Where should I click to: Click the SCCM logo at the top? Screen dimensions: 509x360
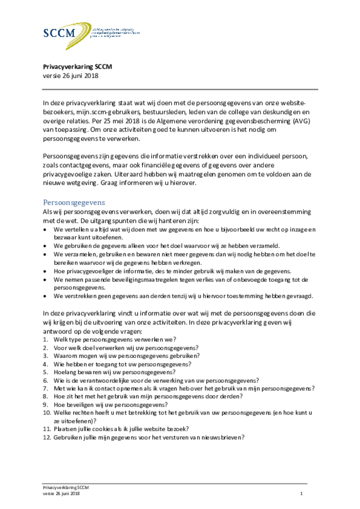pos(75,34)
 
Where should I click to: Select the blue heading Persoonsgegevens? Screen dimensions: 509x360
pos(74,202)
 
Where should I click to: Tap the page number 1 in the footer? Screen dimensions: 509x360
pos(301,494)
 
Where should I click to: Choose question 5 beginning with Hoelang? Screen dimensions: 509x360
pos(114,372)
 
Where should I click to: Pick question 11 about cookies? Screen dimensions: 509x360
pos(121,428)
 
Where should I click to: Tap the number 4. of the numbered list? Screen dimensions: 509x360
pos(45,364)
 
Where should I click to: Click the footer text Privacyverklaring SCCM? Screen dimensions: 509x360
pos(66,488)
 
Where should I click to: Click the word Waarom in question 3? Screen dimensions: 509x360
pos(65,356)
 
